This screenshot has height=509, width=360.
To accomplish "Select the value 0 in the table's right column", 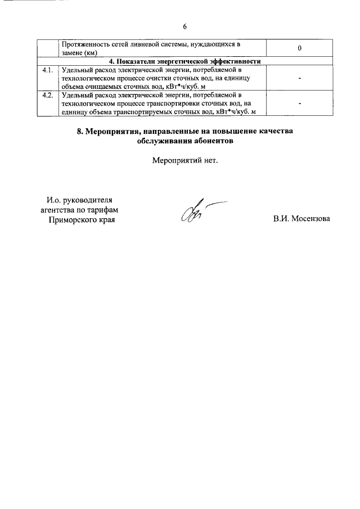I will tap(300, 48).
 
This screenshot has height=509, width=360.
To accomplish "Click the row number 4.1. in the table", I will tap(48, 70).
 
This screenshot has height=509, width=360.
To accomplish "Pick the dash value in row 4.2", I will tap(300, 104).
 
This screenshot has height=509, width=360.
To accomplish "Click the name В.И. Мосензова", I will tap(301, 219).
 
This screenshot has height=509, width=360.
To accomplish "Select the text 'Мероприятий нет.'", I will tap(184, 161).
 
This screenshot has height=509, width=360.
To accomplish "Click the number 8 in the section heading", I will tap(79, 131).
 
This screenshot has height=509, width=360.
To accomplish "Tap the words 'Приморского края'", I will tap(82, 219).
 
